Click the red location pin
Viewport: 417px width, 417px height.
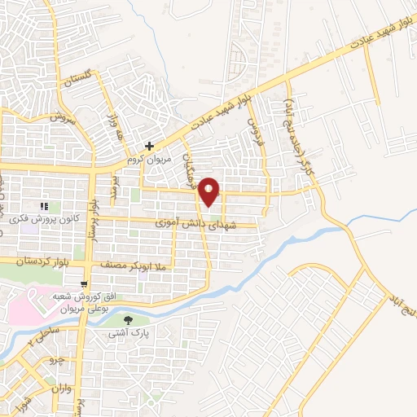click(209, 191)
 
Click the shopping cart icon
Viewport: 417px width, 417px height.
click(85, 284)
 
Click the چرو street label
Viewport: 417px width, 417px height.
click(57, 359)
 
